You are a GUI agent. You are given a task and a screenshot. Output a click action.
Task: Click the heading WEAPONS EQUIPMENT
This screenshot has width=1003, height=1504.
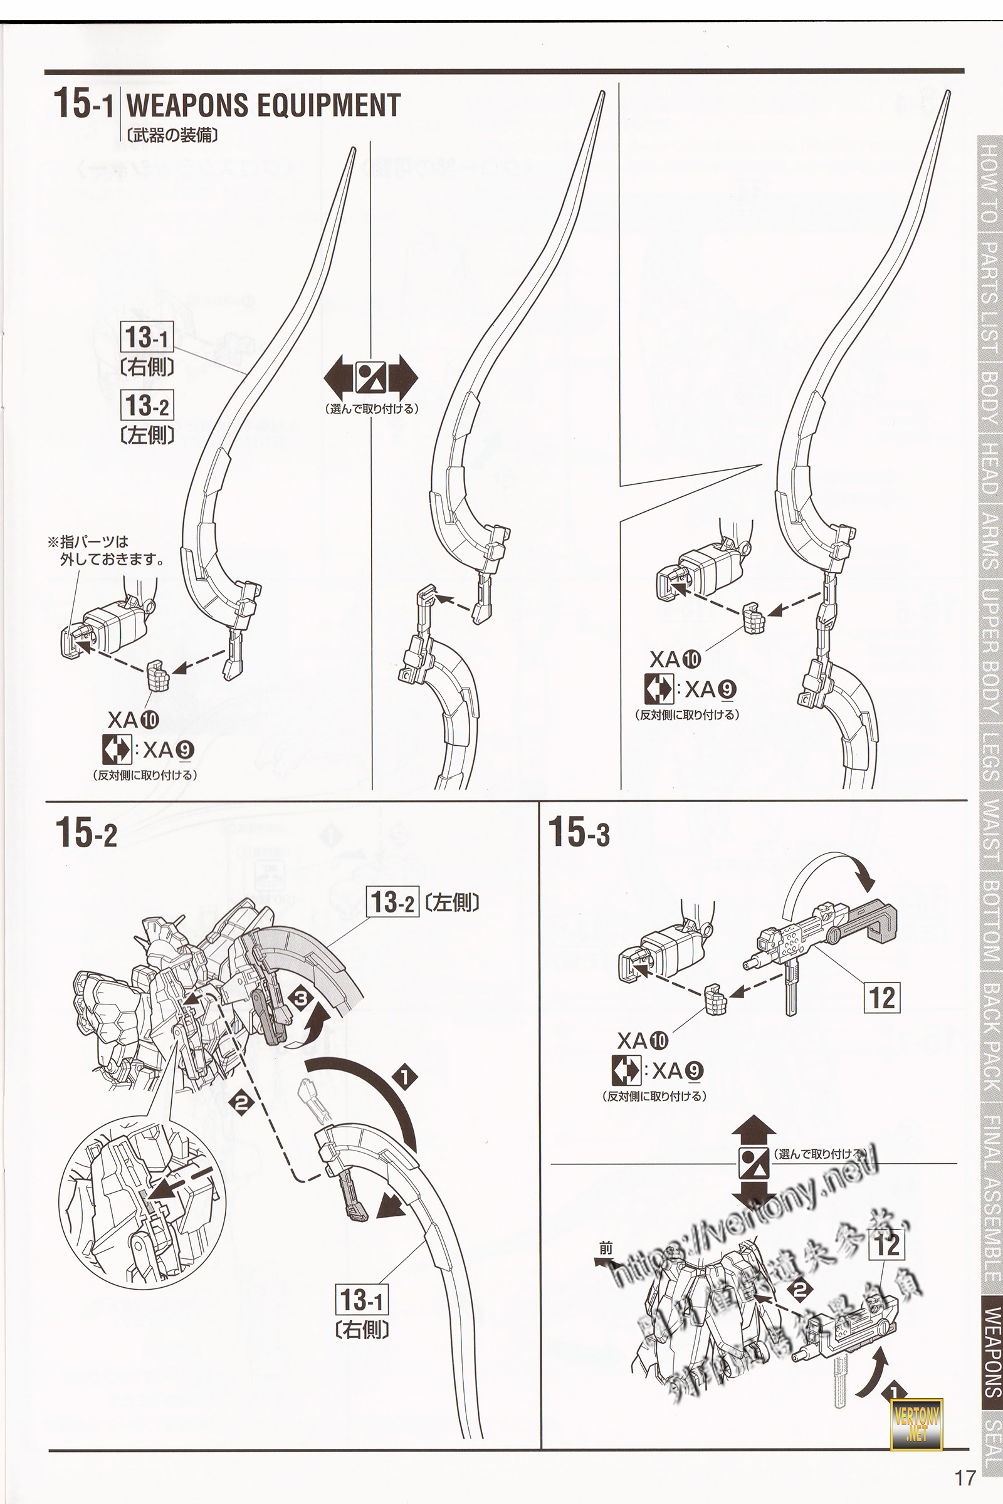[x=263, y=105]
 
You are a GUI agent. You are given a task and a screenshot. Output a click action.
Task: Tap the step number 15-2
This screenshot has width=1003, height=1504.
[x=87, y=833]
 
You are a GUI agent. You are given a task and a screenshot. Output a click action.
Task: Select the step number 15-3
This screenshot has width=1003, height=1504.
[x=579, y=833]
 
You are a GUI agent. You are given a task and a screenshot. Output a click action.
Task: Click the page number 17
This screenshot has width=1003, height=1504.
[x=965, y=1476]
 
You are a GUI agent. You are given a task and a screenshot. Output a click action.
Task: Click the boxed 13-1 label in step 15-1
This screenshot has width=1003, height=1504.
[x=147, y=337]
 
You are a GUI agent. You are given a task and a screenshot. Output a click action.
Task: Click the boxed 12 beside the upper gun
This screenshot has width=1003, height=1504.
[x=883, y=997]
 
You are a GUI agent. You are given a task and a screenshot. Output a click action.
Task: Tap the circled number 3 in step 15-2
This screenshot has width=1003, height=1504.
[x=301, y=998]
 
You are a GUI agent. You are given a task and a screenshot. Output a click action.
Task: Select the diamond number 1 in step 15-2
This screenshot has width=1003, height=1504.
[x=404, y=1077]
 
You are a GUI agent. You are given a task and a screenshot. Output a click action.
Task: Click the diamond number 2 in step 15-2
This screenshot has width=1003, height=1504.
[x=243, y=1102]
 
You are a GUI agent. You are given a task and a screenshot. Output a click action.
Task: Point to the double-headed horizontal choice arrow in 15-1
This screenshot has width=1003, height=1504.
[x=371, y=379]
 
